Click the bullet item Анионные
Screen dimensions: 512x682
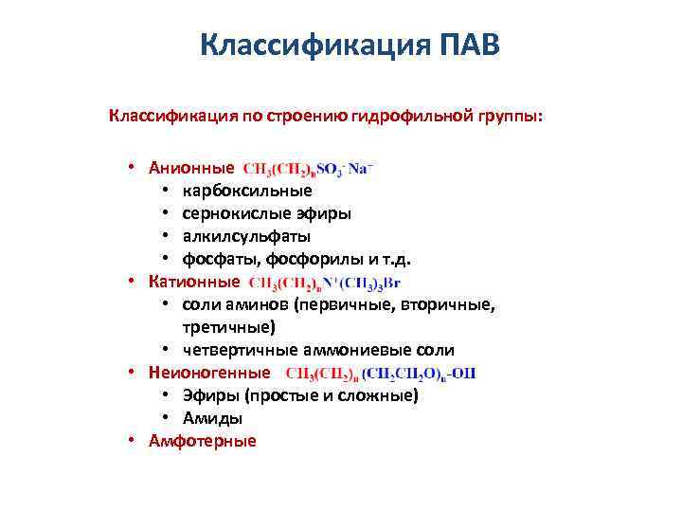pos(191,168)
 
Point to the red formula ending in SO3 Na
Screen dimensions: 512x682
pos(308,169)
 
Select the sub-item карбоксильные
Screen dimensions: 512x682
pos(233,191)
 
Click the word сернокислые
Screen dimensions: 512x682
pos(230,213)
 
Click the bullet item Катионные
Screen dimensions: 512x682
pos(194,282)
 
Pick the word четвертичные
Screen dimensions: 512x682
pos(233,350)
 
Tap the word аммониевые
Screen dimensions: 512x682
pos(355,350)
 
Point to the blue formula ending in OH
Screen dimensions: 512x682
pos(381,374)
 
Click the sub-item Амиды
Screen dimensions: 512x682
pos(212,418)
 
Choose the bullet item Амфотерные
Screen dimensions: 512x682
pos(203,441)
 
